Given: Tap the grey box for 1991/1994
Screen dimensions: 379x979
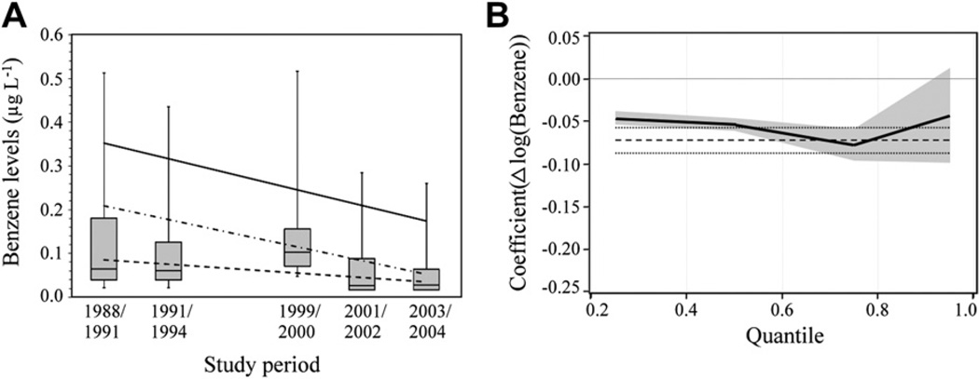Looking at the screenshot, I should tap(168, 261).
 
